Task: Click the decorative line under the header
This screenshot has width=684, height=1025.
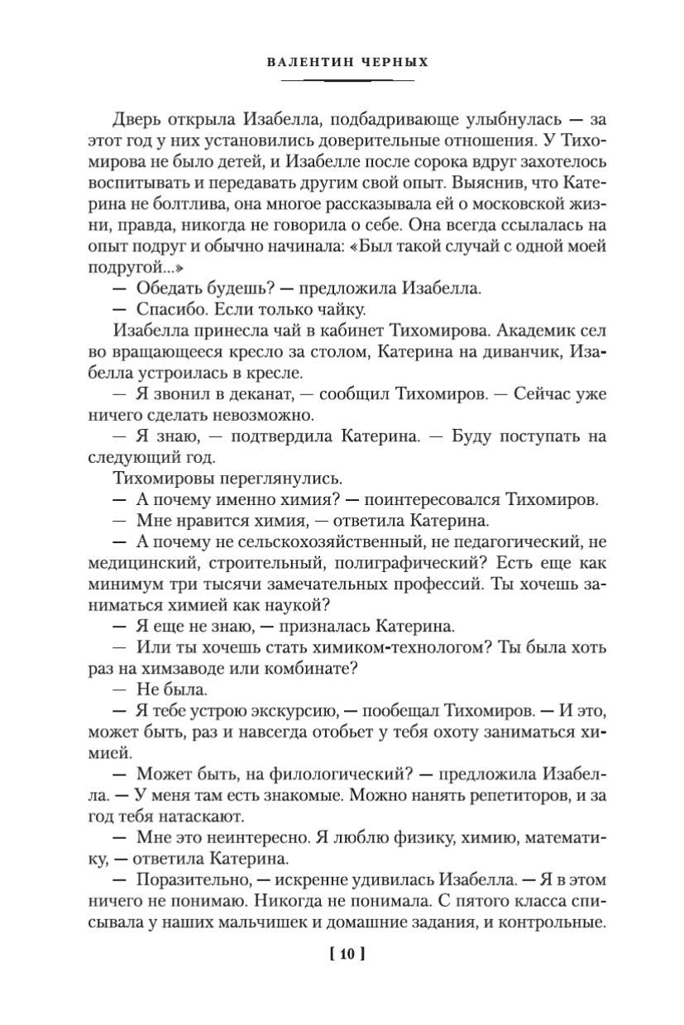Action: pos(347,81)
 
